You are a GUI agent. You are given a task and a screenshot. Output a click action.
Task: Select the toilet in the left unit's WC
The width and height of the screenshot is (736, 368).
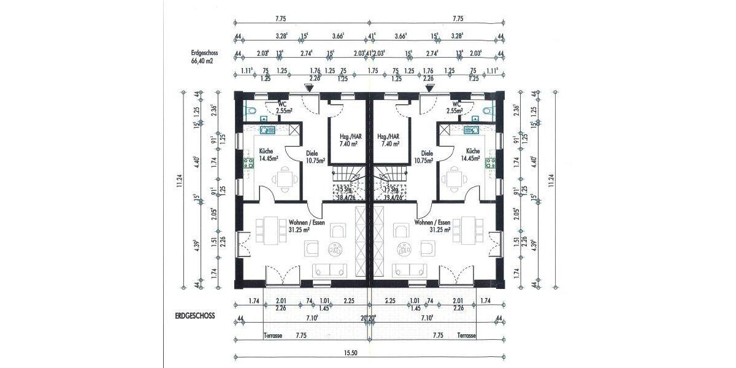pos(248,111)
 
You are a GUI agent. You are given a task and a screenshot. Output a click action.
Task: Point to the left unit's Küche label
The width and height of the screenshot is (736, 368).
pos(266,151)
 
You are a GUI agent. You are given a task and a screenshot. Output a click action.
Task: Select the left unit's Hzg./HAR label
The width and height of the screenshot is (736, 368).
pos(348,137)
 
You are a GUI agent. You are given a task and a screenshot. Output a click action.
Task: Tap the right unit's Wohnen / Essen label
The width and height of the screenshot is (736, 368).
pos(433,223)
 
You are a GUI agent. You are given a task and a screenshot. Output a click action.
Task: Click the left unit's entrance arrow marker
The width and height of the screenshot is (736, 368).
pos(310,88)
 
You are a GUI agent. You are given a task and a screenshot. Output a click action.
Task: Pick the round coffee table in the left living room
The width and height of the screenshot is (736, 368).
pos(334,248)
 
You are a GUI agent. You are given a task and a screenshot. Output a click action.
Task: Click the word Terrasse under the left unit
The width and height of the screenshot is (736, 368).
pos(273,336)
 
